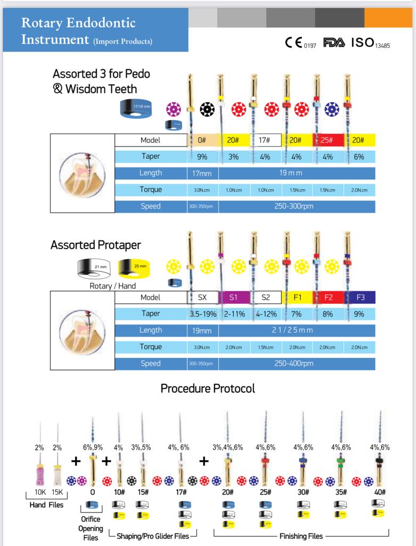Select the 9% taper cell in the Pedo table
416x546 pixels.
[202, 157]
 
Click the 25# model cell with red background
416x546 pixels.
[327, 140]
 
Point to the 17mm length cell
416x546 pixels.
[202, 173]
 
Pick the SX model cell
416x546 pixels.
[202, 298]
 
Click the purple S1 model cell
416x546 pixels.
[234, 298]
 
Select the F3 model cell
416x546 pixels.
[359, 298]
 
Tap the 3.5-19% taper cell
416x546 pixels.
[202, 314]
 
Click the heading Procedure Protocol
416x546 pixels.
[208, 388]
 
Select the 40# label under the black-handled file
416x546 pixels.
[379, 492]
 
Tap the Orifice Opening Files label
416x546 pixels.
[91, 528]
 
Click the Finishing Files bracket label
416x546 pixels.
[301, 536]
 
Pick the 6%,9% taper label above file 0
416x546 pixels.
[93, 448]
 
